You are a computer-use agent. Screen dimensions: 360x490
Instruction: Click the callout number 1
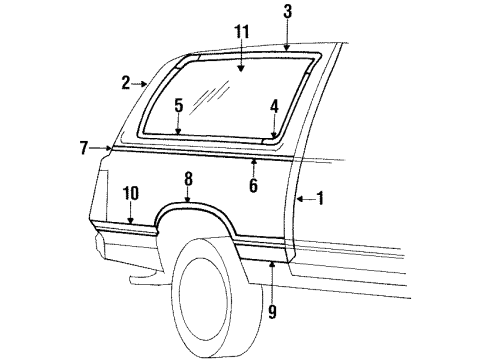(x=320, y=198)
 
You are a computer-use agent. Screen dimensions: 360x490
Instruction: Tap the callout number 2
(x=126, y=83)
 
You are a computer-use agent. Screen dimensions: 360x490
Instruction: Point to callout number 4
(x=274, y=104)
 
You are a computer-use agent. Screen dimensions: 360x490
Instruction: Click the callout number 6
(x=253, y=185)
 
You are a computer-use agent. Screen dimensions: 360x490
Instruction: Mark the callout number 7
(x=84, y=148)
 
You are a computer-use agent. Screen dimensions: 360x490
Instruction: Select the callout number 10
(x=131, y=192)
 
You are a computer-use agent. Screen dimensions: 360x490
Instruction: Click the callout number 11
(x=241, y=34)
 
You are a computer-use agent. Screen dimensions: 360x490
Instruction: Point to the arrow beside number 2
(x=141, y=85)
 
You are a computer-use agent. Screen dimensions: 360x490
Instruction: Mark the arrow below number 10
(x=131, y=215)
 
